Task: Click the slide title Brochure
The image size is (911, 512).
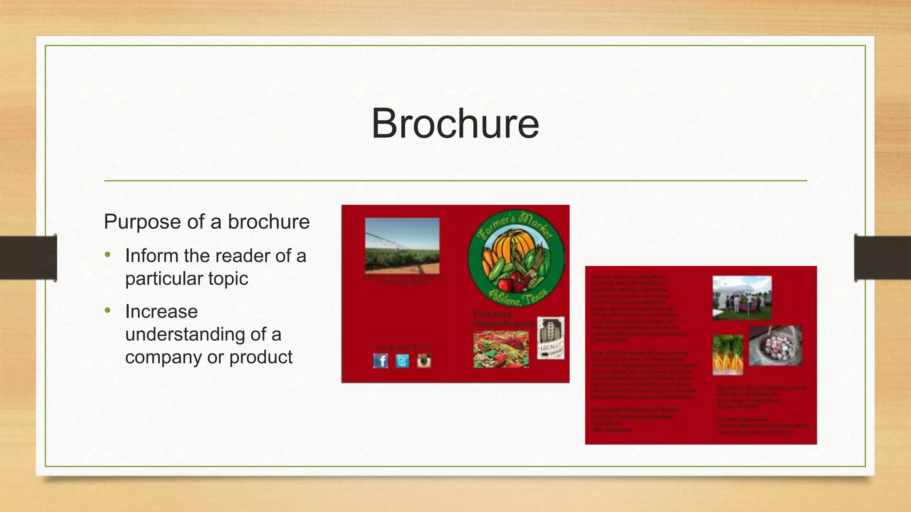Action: tap(455, 124)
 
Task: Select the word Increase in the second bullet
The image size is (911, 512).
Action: tap(161, 312)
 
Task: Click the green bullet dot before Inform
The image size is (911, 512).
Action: tap(107, 255)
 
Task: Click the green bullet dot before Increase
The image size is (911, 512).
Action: tap(107, 311)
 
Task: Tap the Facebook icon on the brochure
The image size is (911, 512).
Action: tap(381, 361)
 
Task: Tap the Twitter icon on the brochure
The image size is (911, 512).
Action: tap(402, 361)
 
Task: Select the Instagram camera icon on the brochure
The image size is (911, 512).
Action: tap(424, 361)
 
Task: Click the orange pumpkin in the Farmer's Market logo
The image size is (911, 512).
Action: tap(516, 249)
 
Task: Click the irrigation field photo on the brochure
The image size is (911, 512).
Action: tap(402, 245)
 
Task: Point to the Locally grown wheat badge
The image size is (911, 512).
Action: tap(551, 338)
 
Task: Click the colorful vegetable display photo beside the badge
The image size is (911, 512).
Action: tap(501, 349)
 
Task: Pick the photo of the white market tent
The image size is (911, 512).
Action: tap(742, 297)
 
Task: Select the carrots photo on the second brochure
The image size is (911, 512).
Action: tap(728, 355)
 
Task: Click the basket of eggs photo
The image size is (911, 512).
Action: tap(775, 346)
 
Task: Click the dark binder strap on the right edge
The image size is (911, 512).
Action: tap(883, 258)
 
